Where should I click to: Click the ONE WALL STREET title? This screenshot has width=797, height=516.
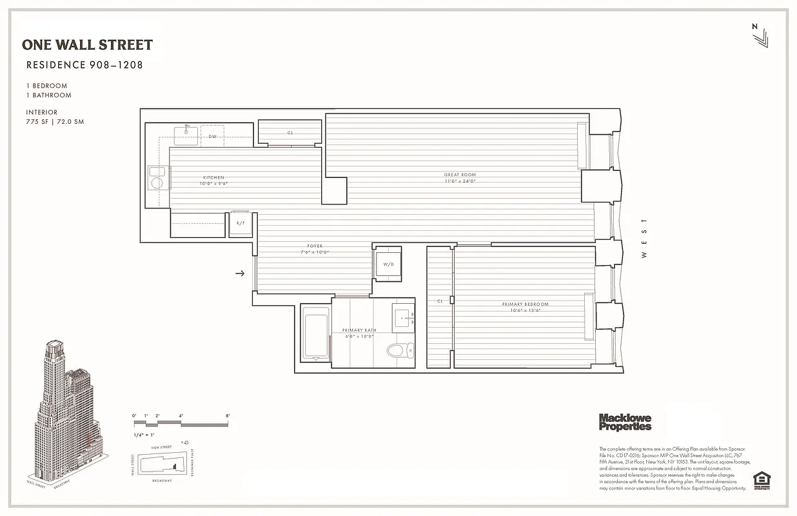pos(87,45)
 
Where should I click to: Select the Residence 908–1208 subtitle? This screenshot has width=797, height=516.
pos(84,64)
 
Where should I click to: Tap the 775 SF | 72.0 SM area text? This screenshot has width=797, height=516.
pos(55,121)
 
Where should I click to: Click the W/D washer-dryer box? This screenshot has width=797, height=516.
pos(388,264)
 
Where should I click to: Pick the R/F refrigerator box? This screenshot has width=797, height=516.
pos(241,223)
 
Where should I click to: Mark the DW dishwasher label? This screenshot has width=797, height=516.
pos(212,137)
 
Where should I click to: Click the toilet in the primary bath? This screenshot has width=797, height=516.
pos(395,350)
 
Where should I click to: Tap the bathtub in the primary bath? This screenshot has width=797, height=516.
pos(315,333)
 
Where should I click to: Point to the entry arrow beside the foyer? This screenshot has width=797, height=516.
pos(240,273)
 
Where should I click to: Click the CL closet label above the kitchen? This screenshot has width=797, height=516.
pos(290,133)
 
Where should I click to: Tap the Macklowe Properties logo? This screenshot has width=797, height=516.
pos(625,422)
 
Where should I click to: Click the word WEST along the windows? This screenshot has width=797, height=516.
pos(643,238)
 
